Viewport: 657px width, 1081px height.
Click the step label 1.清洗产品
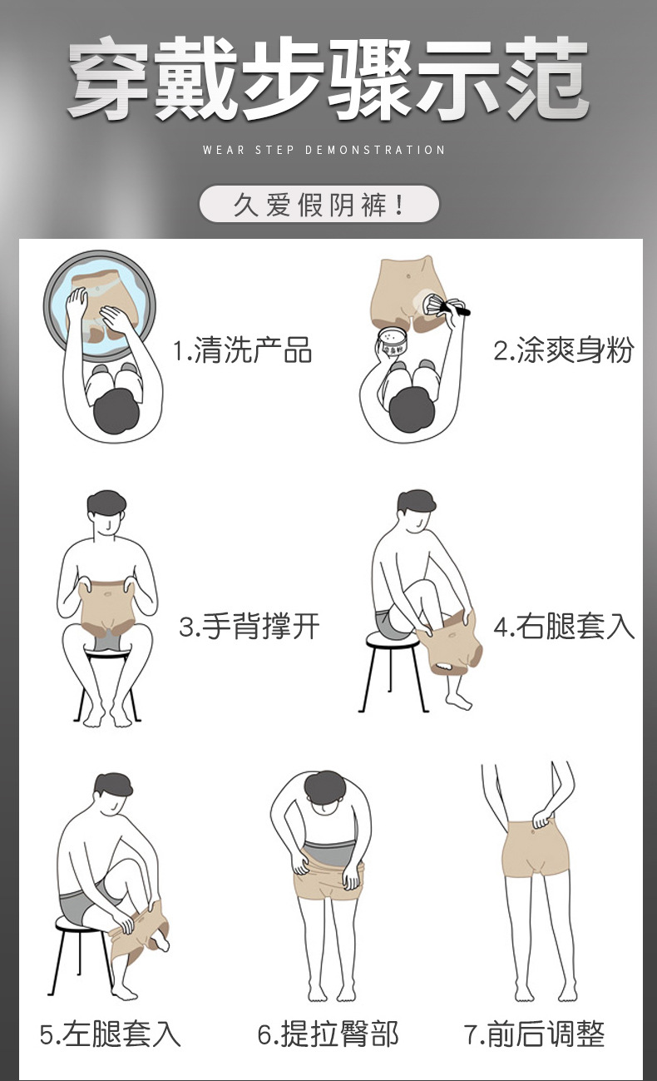pos(242,351)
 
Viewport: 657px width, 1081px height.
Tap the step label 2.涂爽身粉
pos(563,351)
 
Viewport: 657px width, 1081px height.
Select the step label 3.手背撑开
pos(249,627)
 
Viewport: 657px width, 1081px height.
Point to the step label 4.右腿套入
pos(564,627)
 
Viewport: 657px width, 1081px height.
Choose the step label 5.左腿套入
pos(110,1034)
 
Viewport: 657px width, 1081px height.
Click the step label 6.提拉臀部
pos(328,1034)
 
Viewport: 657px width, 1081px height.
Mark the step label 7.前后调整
pos(534,1034)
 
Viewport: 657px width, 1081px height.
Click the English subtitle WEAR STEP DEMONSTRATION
pos(324,151)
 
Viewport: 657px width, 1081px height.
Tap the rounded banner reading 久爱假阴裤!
pos(319,204)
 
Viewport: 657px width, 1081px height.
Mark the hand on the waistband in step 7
pos(541,820)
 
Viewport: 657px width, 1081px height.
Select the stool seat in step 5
pos(79,922)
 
